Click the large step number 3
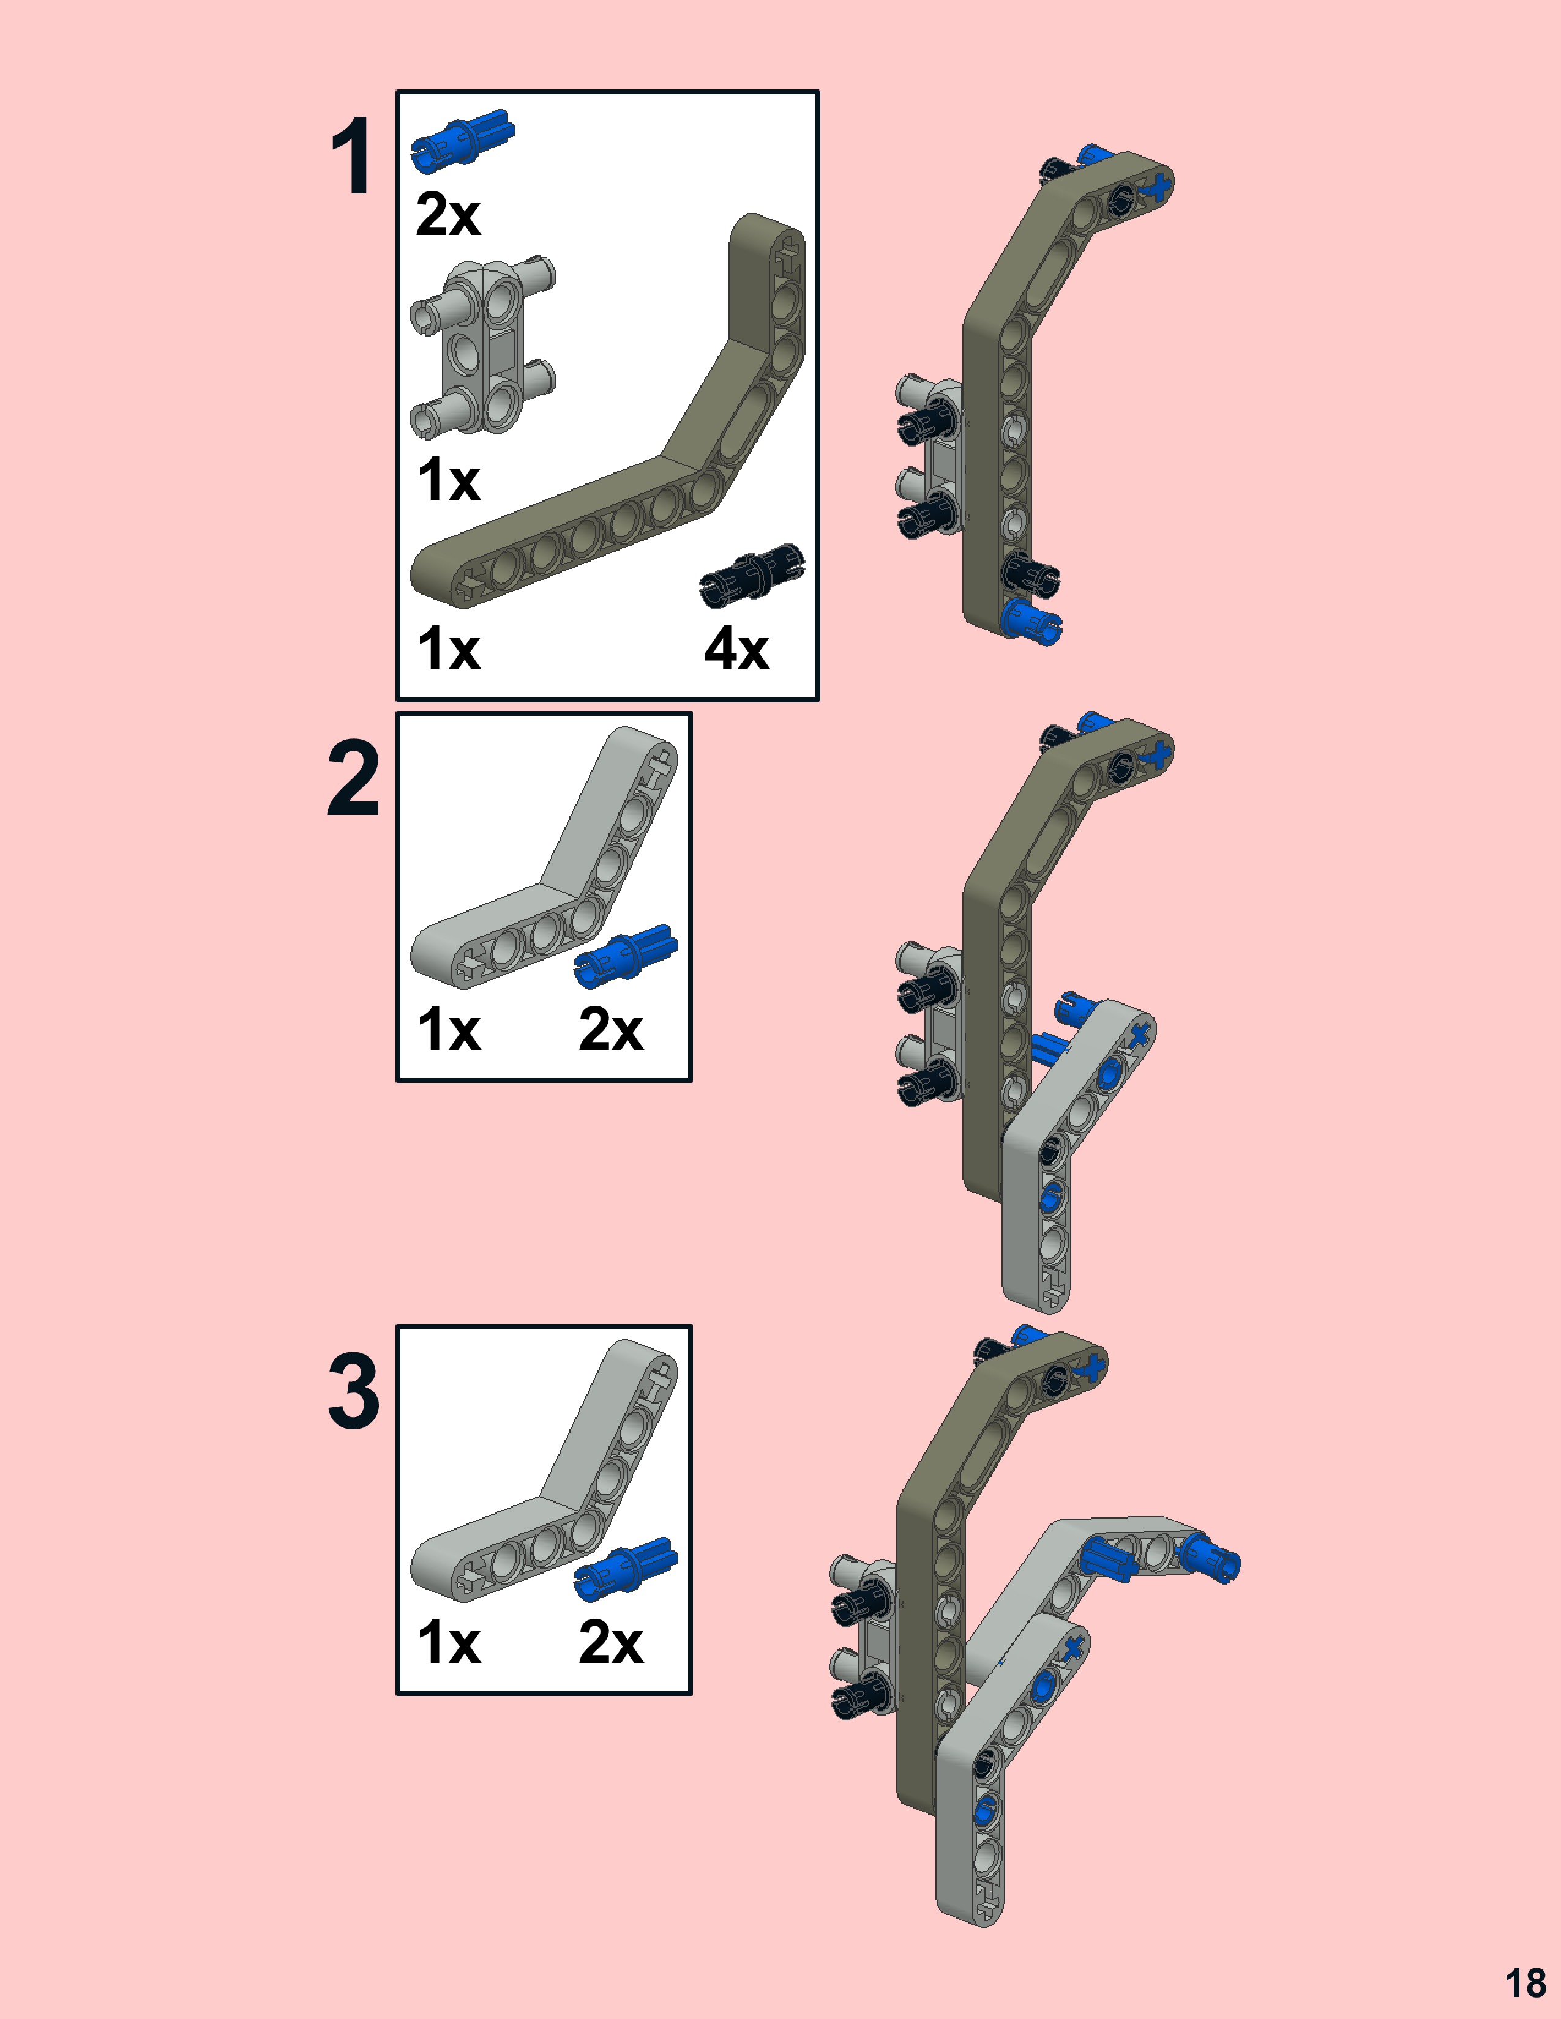[353, 1391]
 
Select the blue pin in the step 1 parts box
[462, 141]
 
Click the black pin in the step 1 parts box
[752, 574]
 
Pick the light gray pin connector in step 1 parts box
[483, 347]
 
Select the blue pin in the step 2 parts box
[626, 955]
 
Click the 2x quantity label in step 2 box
[610, 1029]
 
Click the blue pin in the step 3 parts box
[626, 1569]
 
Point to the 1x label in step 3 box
[449, 1643]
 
